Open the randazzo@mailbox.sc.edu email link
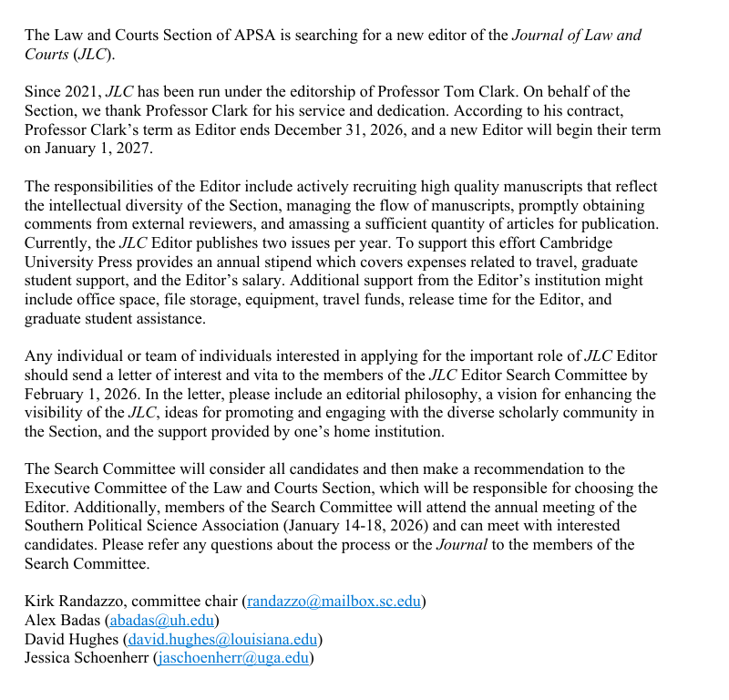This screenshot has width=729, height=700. (x=334, y=602)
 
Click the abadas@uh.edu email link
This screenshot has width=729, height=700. (x=161, y=620)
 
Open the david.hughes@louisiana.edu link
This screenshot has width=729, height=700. (x=221, y=639)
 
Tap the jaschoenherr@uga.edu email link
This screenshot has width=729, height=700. (x=233, y=658)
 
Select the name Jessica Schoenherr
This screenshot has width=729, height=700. (x=87, y=658)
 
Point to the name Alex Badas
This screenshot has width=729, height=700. (x=63, y=620)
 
